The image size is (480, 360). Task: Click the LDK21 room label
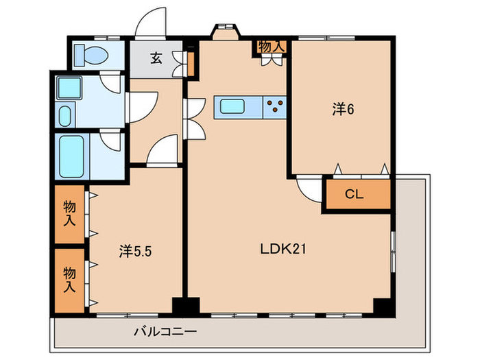coord(283,249)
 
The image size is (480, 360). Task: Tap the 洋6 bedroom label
coord(343,109)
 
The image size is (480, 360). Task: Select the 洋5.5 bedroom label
coord(135,252)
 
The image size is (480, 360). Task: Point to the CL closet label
coord(355,194)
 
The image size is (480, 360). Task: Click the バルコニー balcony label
coord(165,331)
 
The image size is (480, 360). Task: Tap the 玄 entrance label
coord(156,58)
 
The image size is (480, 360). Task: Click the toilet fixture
coord(91,55)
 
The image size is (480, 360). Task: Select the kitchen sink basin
coord(232,106)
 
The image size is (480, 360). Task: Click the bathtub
coord(71,156)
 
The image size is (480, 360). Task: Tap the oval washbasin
coord(64,116)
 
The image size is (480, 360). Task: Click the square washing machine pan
coord(69,88)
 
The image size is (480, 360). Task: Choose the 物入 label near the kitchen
coord(272,47)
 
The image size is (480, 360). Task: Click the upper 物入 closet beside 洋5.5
coord(69,214)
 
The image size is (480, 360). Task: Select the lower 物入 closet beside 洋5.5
coord(69,280)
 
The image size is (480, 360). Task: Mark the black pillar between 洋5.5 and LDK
coord(186,307)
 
